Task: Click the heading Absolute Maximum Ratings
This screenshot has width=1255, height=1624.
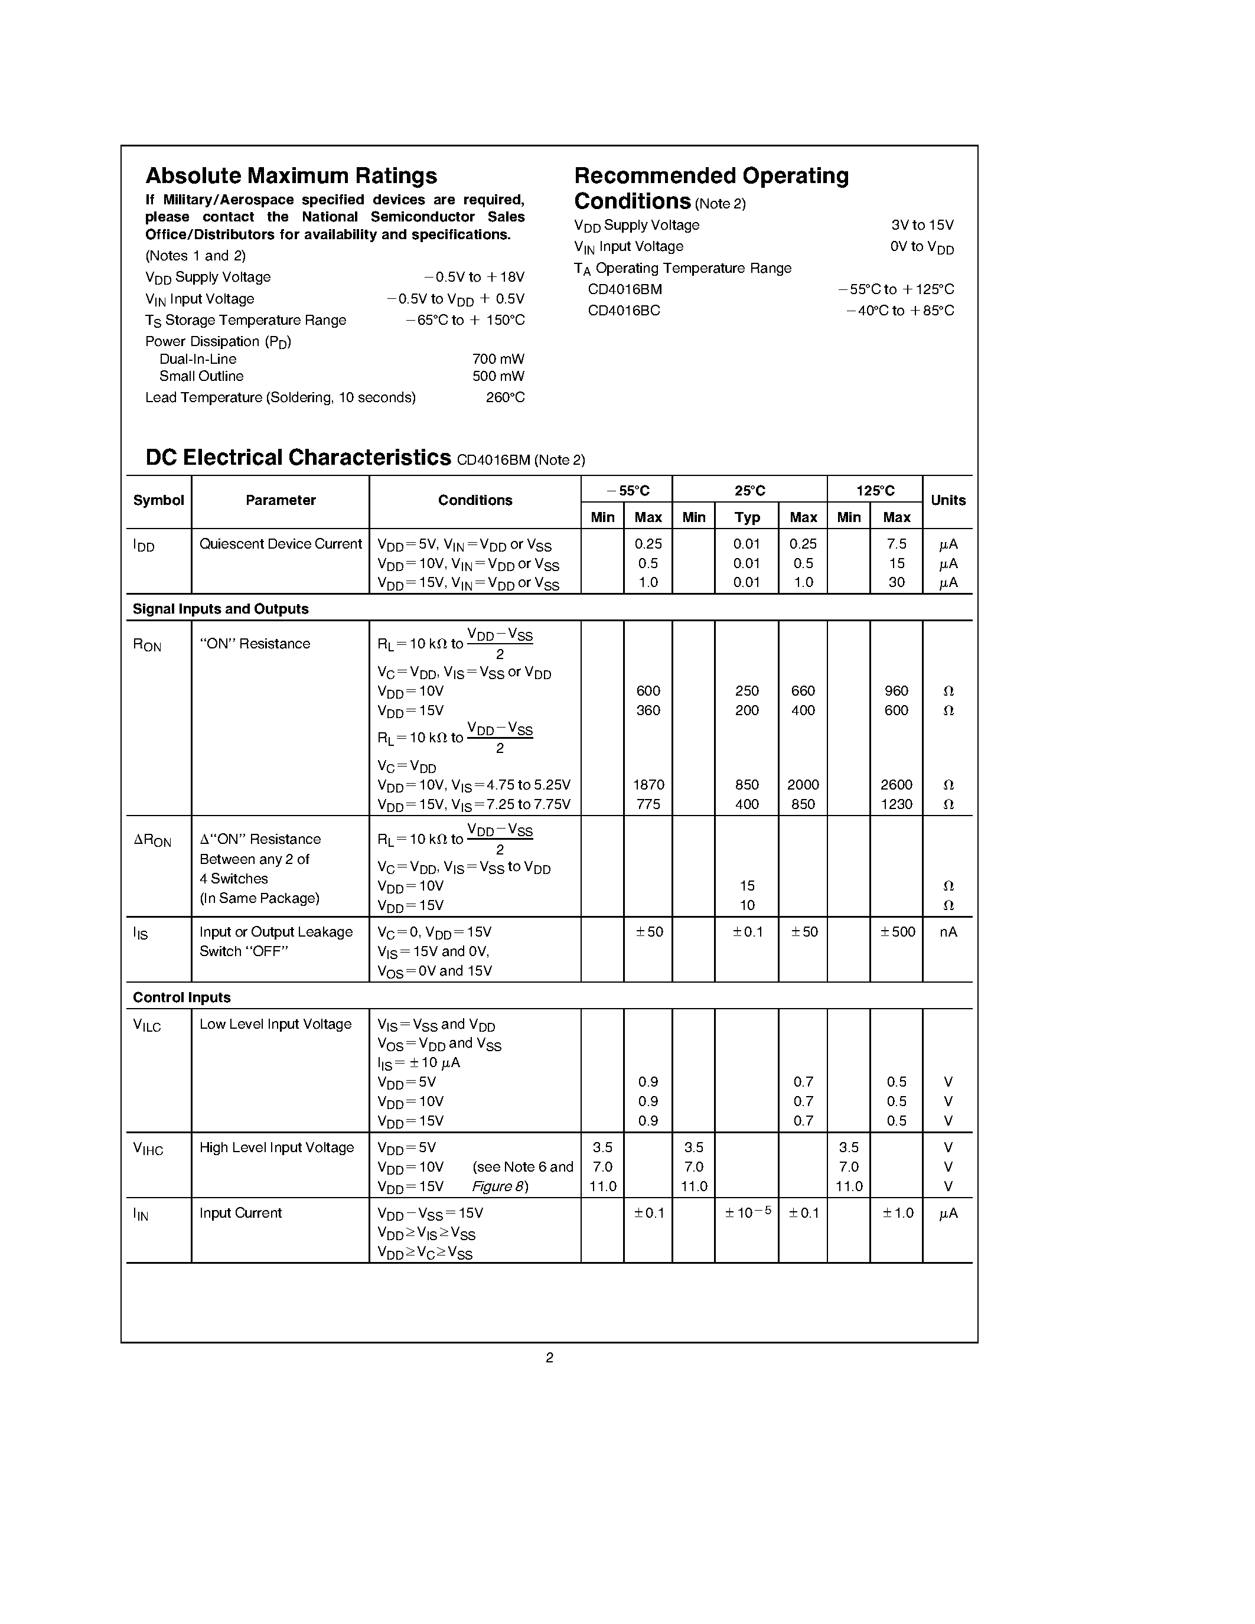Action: coord(291,175)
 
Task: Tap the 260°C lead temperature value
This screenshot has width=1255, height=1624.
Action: coord(505,398)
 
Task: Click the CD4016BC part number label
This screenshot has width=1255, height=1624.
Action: coord(624,311)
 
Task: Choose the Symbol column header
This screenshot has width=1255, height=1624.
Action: coord(158,500)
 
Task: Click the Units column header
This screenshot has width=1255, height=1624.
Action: coord(948,500)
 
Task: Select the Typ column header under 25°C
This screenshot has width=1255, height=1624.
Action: coord(747,517)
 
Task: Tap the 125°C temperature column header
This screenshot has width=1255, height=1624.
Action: coord(875,491)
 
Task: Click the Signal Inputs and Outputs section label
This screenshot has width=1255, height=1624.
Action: coord(220,609)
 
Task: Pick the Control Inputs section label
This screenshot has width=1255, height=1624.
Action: coord(181,997)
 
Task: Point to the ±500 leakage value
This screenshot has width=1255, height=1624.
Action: coord(897,932)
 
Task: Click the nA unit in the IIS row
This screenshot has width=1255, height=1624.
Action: coord(948,932)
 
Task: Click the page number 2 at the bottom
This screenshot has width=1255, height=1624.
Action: coord(549,1357)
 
